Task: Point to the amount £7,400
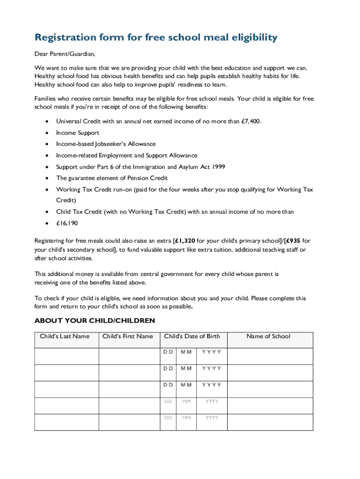tap(251, 121)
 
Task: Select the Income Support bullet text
tap(78, 133)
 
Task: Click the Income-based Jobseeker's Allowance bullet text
tap(106, 144)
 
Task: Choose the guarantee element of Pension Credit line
tap(112, 178)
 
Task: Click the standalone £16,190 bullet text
tap(67, 223)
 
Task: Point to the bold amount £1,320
tap(185, 241)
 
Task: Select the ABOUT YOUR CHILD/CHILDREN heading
tap(94, 321)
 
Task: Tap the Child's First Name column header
tap(128, 336)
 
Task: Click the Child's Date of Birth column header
tap(192, 336)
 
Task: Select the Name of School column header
tap(268, 336)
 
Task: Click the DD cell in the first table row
tap(168, 352)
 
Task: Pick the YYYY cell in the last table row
tap(212, 418)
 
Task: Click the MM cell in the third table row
tap(187, 385)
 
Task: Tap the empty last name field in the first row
tap(66, 356)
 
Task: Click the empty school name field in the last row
tap(270, 422)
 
